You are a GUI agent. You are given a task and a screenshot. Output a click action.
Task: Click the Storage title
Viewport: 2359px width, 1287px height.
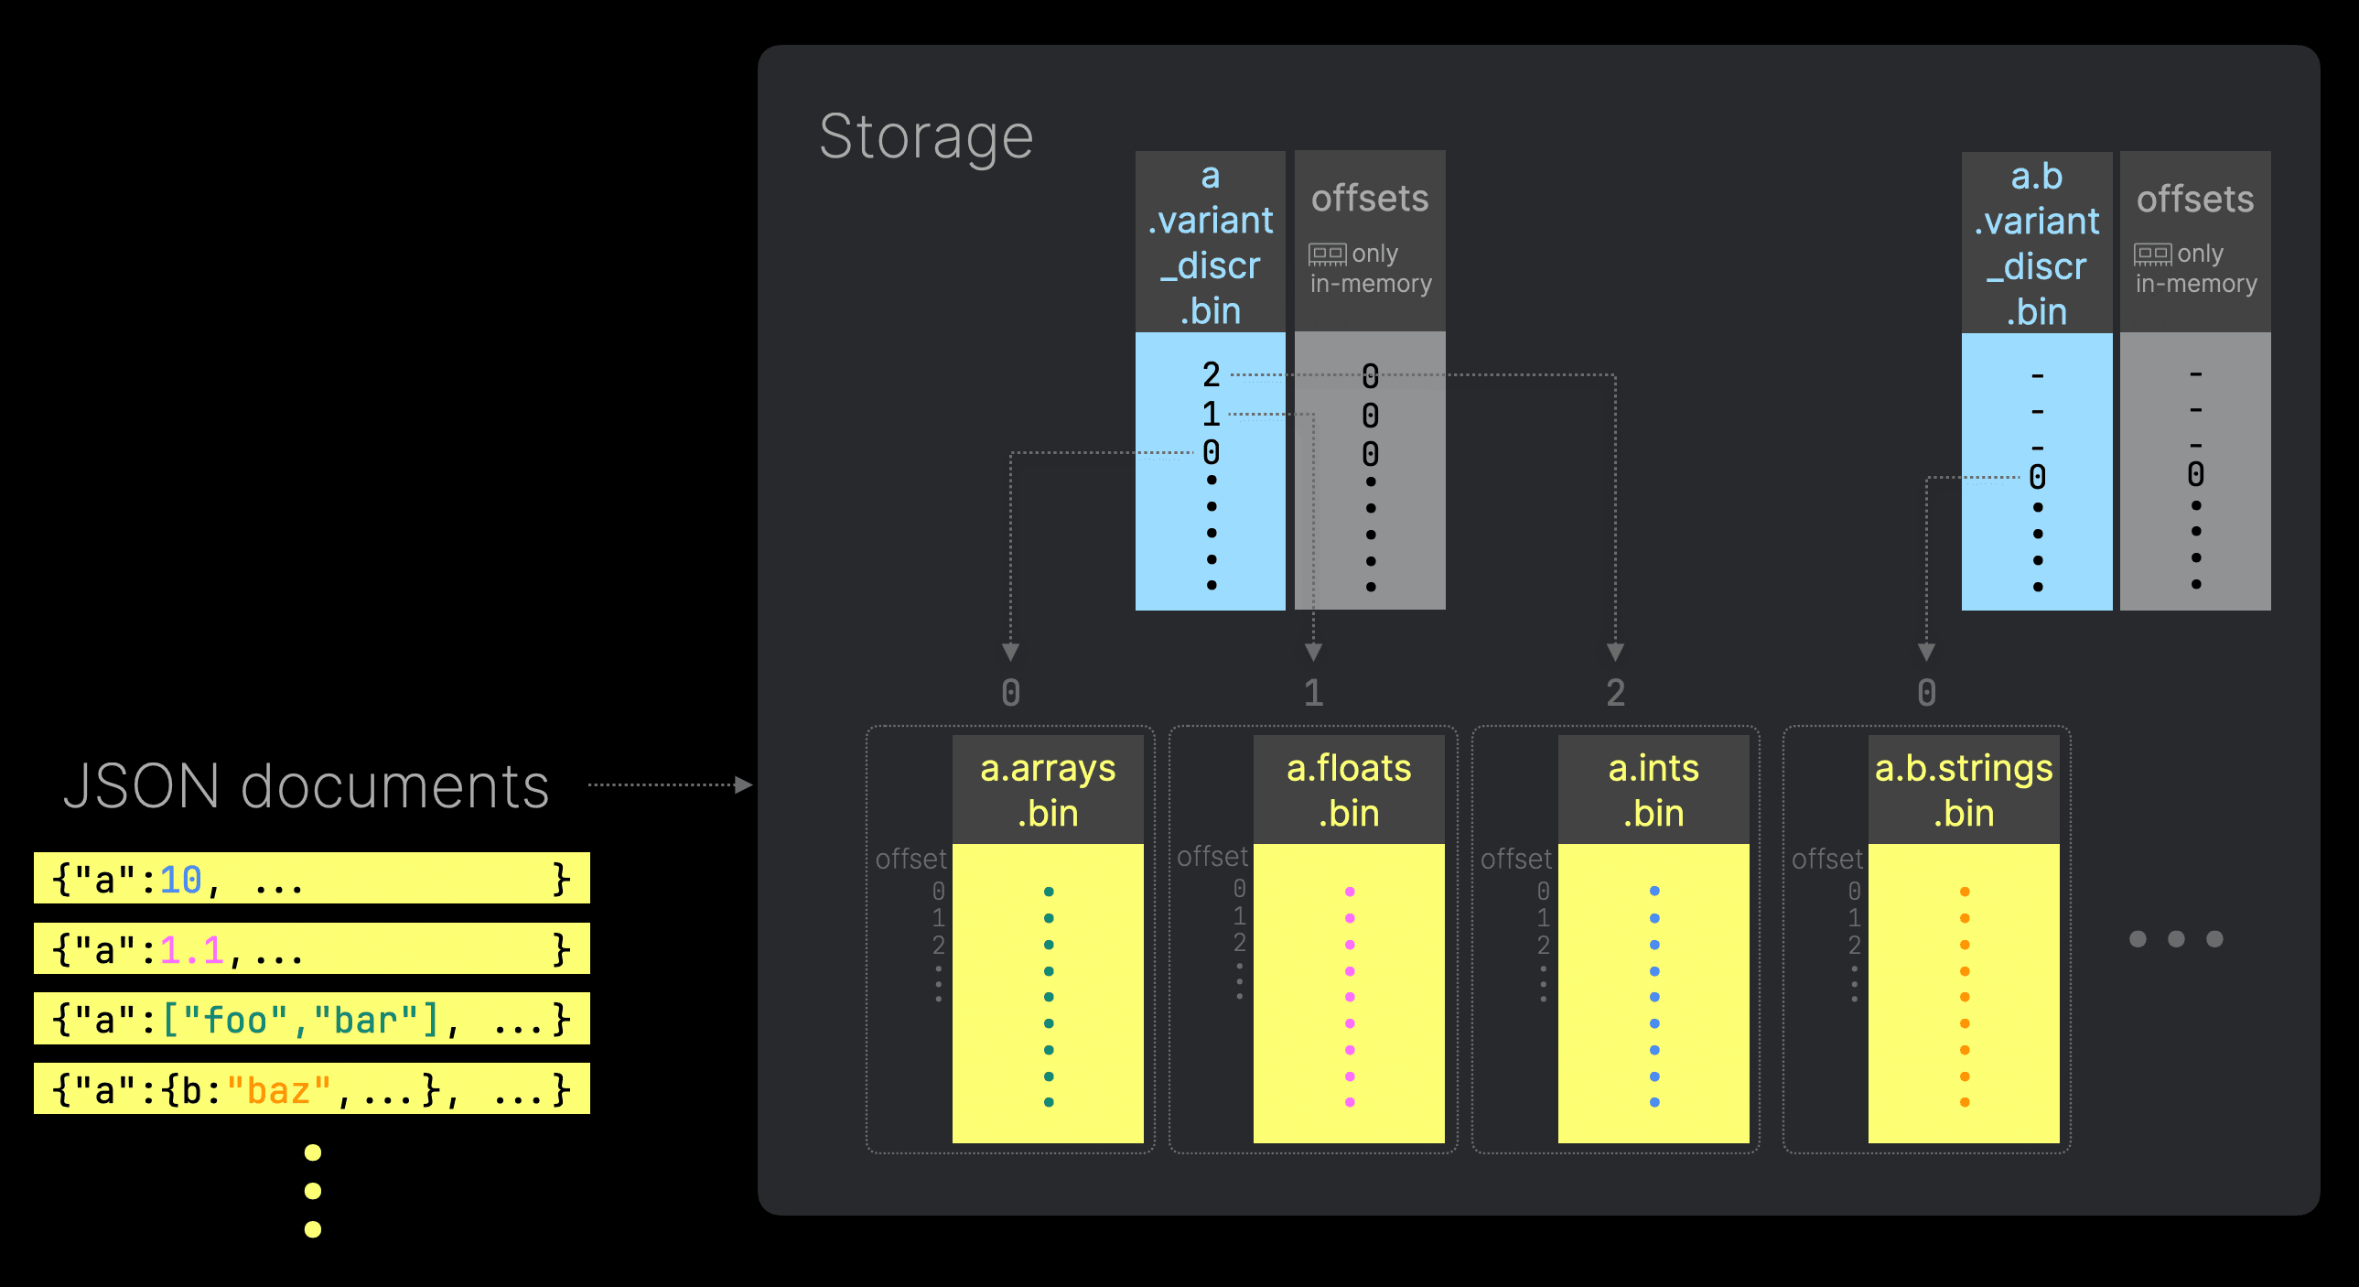[925, 137]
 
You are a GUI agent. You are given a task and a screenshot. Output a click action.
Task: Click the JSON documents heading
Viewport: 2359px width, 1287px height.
[306, 786]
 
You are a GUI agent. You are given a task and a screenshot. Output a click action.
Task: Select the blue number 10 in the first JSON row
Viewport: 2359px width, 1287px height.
[180, 881]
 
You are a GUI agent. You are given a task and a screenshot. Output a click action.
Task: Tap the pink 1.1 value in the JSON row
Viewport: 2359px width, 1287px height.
[191, 951]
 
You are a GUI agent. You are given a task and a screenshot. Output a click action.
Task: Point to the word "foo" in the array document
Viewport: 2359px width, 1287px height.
[235, 1021]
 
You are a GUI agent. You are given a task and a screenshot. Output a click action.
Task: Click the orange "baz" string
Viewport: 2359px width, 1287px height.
[278, 1091]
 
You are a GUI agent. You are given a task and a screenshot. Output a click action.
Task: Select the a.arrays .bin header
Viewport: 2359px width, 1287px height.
[1048, 790]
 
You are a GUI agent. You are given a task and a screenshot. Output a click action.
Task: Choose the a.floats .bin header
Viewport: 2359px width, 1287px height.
[1349, 790]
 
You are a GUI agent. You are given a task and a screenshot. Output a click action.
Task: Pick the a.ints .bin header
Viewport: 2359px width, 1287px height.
[1653, 790]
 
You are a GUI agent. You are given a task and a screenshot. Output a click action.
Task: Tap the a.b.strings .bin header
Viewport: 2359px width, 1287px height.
[1964, 790]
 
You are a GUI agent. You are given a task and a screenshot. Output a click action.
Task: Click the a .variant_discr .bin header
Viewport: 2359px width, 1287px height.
[1210, 243]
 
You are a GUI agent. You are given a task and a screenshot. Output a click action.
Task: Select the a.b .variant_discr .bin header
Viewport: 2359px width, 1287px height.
[2036, 243]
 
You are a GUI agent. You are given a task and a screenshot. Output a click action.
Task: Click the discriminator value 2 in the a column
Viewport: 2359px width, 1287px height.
[1211, 374]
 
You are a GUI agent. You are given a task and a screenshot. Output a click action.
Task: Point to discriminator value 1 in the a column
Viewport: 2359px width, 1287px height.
[1211, 414]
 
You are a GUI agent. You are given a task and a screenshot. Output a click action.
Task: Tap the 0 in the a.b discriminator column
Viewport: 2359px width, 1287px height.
[2037, 477]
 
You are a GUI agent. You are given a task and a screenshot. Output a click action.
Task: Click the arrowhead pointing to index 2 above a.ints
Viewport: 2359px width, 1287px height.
[1615, 653]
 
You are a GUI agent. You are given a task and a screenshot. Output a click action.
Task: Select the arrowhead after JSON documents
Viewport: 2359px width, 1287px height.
[744, 785]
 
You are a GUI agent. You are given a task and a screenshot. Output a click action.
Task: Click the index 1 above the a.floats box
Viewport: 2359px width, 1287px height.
[1313, 693]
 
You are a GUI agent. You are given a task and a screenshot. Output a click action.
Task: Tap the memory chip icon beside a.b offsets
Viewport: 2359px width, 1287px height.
[2152, 254]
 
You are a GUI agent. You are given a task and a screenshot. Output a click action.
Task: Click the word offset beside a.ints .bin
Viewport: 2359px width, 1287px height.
[1515, 859]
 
